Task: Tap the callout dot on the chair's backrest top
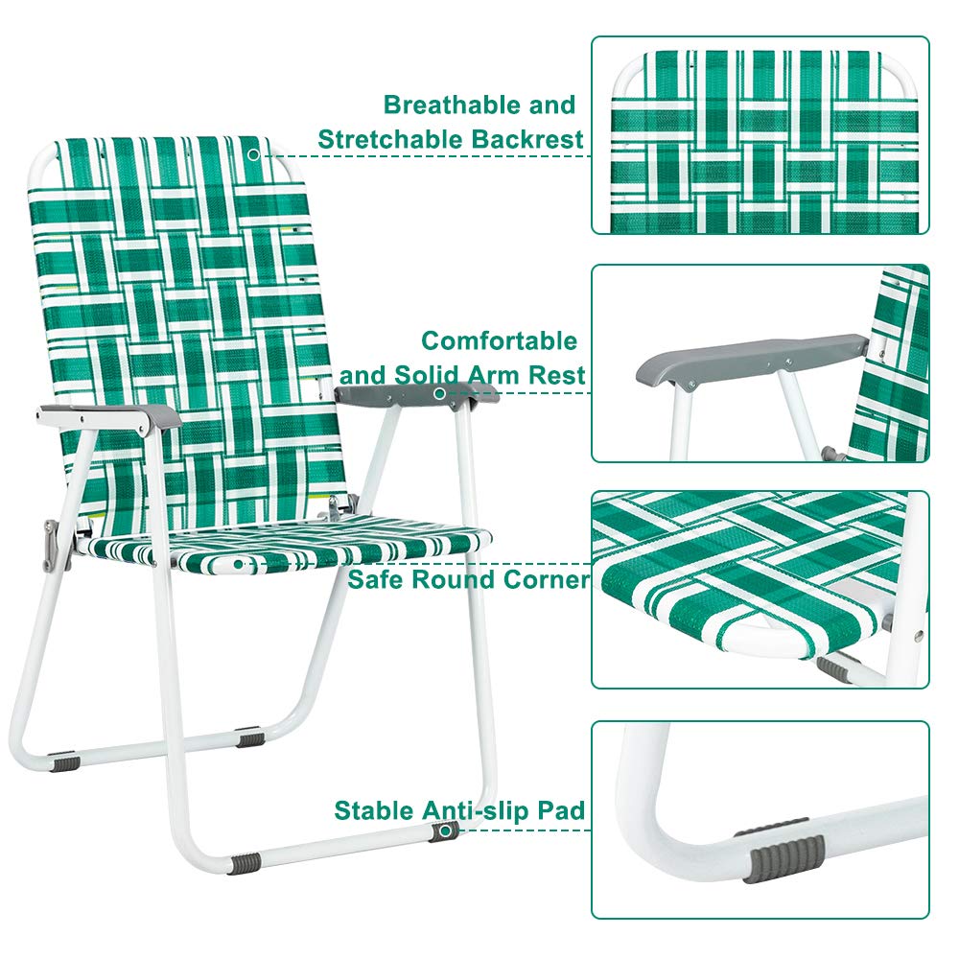click(253, 153)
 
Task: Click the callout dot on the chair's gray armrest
click(440, 392)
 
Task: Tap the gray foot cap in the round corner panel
click(833, 667)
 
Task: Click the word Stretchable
click(393, 139)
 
